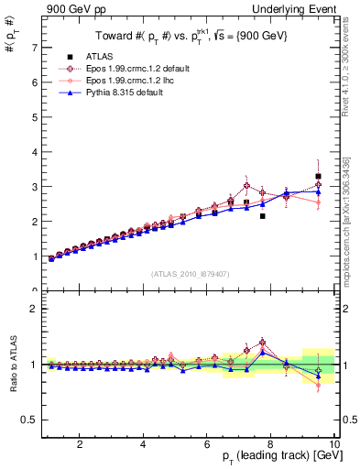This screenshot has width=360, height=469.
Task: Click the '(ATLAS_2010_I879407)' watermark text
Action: [190, 274]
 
